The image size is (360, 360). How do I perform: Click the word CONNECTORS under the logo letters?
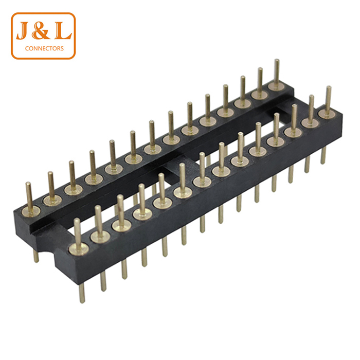point(44,48)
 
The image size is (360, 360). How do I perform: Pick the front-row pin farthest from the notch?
point(329,99)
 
